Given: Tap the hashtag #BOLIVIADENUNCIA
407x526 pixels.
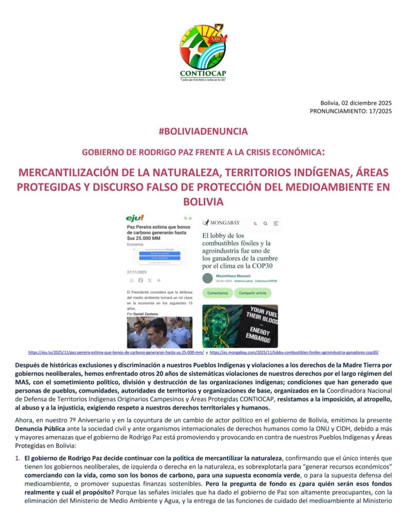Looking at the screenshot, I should coord(203,131).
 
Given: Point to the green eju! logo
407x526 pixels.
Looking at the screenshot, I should coord(135,218).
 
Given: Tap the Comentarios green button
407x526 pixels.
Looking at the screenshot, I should coord(217,293).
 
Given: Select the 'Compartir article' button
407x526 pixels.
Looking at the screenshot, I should coord(253,293).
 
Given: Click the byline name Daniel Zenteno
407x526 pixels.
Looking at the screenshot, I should coord(145,313).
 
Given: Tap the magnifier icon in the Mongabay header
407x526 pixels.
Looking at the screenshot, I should coord(265,223).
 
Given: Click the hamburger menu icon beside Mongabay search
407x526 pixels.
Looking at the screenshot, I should coord(276,223).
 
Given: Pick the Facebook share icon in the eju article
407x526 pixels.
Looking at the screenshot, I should coord(141,280).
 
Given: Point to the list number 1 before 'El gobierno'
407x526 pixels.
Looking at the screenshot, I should coord(17,457).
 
